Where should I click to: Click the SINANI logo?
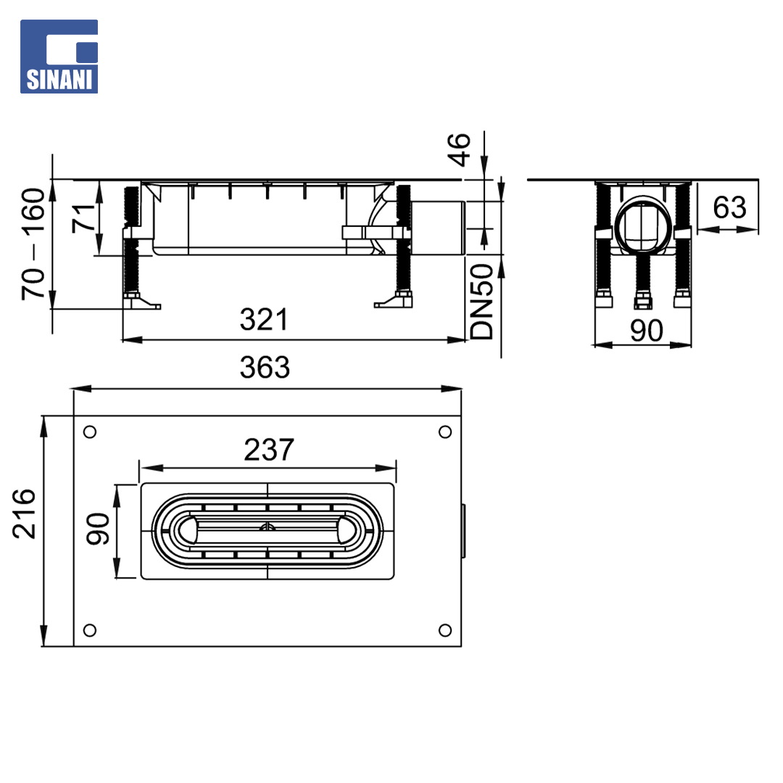click(x=59, y=57)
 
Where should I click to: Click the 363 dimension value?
click(x=265, y=368)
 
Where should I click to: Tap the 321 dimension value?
click(x=264, y=320)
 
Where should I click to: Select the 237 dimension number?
click(x=269, y=450)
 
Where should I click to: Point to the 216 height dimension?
click(x=25, y=514)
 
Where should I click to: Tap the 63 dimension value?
click(x=729, y=207)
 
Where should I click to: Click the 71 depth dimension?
click(x=84, y=218)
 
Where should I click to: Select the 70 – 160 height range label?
click(x=33, y=244)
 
